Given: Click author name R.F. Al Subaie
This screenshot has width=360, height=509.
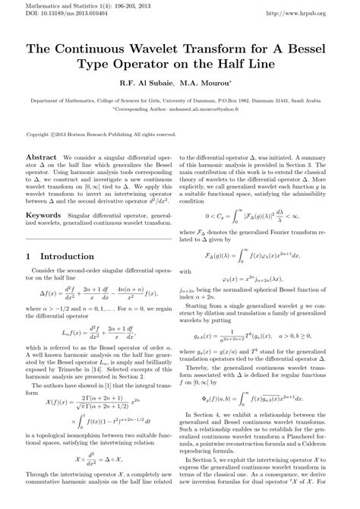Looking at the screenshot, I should pyautogui.click(x=144, y=82).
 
